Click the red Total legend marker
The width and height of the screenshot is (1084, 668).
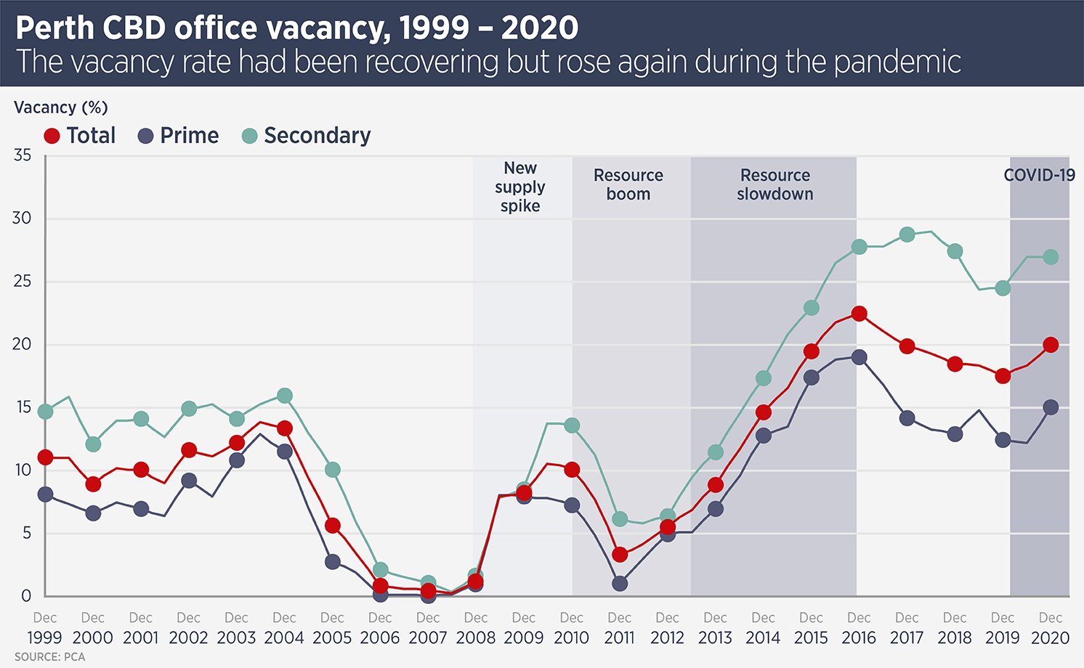tap(52, 136)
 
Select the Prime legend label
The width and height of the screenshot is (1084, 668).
tap(189, 136)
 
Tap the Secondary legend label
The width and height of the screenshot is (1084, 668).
tap(317, 136)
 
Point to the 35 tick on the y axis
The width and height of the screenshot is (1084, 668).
tap(23, 155)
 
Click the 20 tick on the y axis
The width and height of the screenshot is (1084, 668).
tap(23, 344)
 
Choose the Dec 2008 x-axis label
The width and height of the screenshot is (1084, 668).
tap(476, 628)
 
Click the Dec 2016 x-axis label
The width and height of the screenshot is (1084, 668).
tap(859, 628)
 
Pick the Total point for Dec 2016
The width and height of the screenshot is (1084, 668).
tap(859, 314)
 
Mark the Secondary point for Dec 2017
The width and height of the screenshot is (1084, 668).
tap(907, 235)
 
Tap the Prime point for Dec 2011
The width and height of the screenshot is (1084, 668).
tap(620, 583)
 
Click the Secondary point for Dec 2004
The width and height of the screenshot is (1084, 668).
tap(285, 396)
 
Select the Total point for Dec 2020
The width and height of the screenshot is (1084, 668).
tap(1051, 345)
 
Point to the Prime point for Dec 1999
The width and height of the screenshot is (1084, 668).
tap(45, 494)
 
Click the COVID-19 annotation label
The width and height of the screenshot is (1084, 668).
tap(1039, 175)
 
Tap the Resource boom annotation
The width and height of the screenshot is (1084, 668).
tap(628, 184)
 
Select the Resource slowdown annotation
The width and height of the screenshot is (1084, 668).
tap(774, 184)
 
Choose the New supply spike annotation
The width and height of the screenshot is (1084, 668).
tap(520, 187)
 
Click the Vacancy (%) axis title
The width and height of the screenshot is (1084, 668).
tap(61, 107)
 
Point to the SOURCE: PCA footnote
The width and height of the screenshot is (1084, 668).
tap(49, 657)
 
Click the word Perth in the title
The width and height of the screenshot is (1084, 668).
tap(55, 28)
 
